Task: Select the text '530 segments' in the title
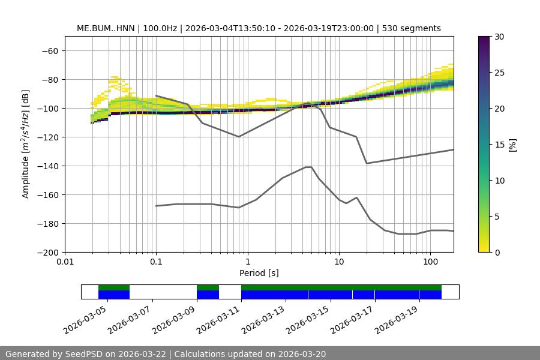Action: coord(414,28)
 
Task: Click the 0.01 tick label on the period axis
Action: coord(65,262)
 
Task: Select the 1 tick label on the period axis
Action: coord(247,262)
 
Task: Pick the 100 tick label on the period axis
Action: coord(430,262)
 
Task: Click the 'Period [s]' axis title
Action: coord(259,273)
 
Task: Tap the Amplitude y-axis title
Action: coord(26,144)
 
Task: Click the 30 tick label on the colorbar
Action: coord(499,37)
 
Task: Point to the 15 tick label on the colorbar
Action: coord(499,145)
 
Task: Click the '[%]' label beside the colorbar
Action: coord(512,145)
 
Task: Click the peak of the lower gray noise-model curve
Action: coord(308,167)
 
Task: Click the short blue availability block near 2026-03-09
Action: coord(208,295)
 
